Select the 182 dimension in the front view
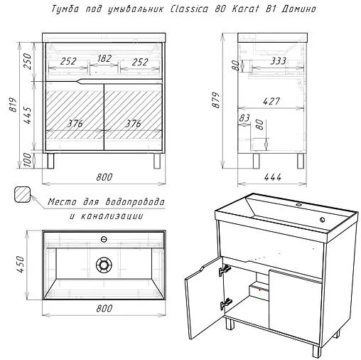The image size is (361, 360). pyautogui.click(x=104, y=58)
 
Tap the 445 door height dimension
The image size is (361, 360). pyautogui.click(x=28, y=115)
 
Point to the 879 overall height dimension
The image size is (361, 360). pyautogui.click(x=215, y=100)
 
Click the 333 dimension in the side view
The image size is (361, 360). pyautogui.click(x=279, y=61)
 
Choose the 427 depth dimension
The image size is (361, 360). pyautogui.click(x=271, y=102)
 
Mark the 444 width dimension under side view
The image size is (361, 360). pyautogui.click(x=273, y=177)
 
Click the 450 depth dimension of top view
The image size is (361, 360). pyautogui.click(x=21, y=264)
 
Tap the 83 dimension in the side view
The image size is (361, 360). pyautogui.click(x=244, y=118)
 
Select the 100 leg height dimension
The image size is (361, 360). pyautogui.click(x=28, y=160)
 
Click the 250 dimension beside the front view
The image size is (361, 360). pyautogui.click(x=28, y=61)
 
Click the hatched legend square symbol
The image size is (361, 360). pyautogui.click(x=22, y=194)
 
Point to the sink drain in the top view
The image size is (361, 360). pyautogui.click(x=104, y=265)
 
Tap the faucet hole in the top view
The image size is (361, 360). pyautogui.click(x=104, y=239)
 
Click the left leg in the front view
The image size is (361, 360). pyautogui.click(x=50, y=161)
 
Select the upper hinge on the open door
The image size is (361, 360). pyautogui.click(x=225, y=269)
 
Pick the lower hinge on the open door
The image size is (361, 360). pyautogui.click(x=226, y=304)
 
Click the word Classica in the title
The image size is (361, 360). pyautogui.click(x=189, y=9)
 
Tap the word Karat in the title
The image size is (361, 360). pyautogui.click(x=245, y=9)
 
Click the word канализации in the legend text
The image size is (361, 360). pyautogui.click(x=112, y=216)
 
